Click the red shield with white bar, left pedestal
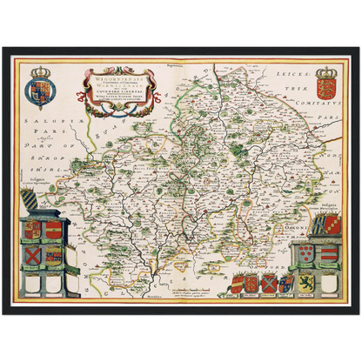(x=54, y=230)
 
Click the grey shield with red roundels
(x=306, y=254)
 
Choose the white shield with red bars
(x=327, y=254)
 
